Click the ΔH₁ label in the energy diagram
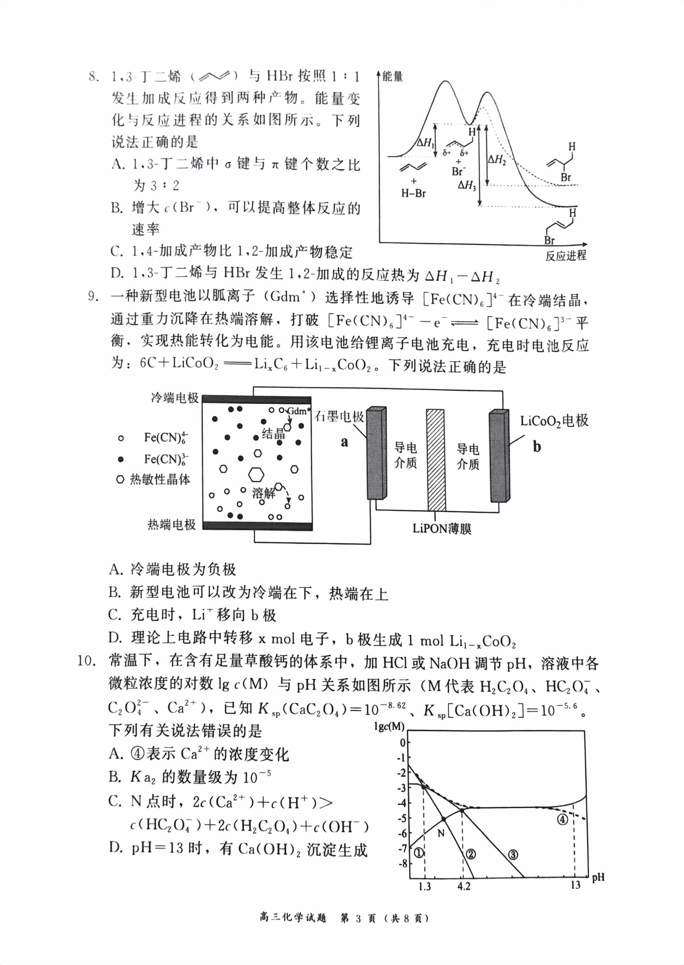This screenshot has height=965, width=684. [424, 143]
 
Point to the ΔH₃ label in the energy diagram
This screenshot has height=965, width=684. [467, 185]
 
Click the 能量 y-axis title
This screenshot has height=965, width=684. [393, 76]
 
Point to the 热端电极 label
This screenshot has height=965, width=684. [171, 525]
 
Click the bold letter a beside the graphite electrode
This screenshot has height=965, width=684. [345, 442]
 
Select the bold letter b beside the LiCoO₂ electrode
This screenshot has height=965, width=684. [537, 447]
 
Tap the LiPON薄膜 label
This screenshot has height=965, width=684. [442, 528]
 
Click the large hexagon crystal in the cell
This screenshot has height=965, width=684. [256, 474]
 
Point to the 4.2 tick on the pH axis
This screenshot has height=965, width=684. [463, 886]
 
